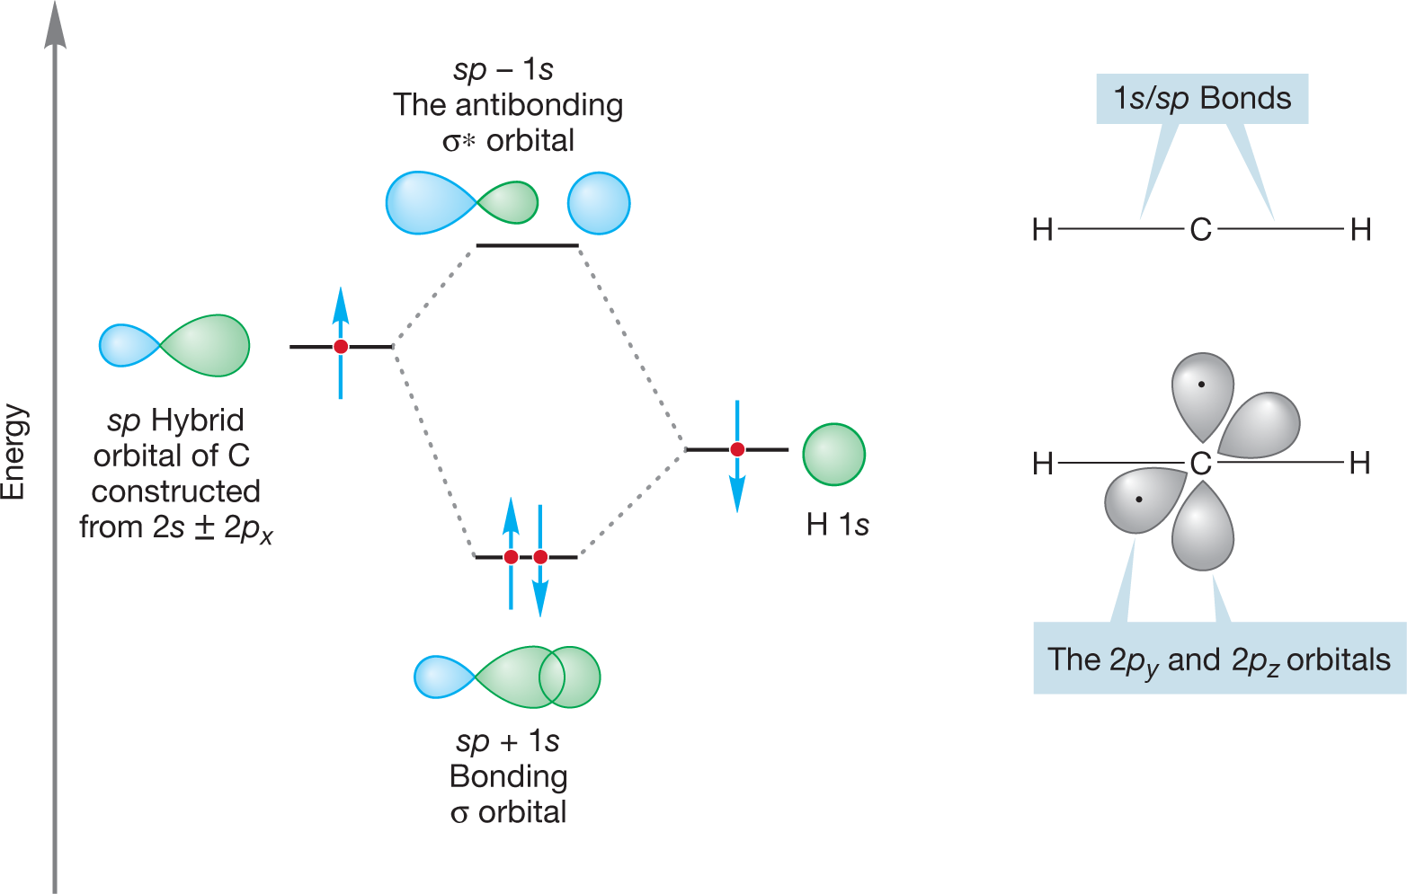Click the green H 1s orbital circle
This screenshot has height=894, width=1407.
tap(833, 455)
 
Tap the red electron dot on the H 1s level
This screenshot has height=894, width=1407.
tap(737, 449)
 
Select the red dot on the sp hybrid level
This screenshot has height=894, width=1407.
tap(341, 347)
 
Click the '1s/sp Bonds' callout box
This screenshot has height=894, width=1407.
tap(1202, 99)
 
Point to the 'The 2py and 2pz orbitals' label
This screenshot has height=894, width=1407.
tap(1218, 659)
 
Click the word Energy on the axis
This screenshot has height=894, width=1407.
tap(14, 452)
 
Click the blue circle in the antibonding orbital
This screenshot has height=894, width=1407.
tap(599, 203)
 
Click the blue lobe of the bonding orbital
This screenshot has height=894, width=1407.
tap(441, 677)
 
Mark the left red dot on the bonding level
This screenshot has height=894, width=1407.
tap(511, 557)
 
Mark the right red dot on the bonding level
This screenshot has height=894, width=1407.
tap(540, 557)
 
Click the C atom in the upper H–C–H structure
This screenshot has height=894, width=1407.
tap(1200, 230)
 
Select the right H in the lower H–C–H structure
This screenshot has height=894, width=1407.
tap(1359, 464)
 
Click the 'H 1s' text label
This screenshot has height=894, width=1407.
tap(838, 525)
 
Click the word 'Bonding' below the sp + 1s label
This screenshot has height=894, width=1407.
tap(508, 776)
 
